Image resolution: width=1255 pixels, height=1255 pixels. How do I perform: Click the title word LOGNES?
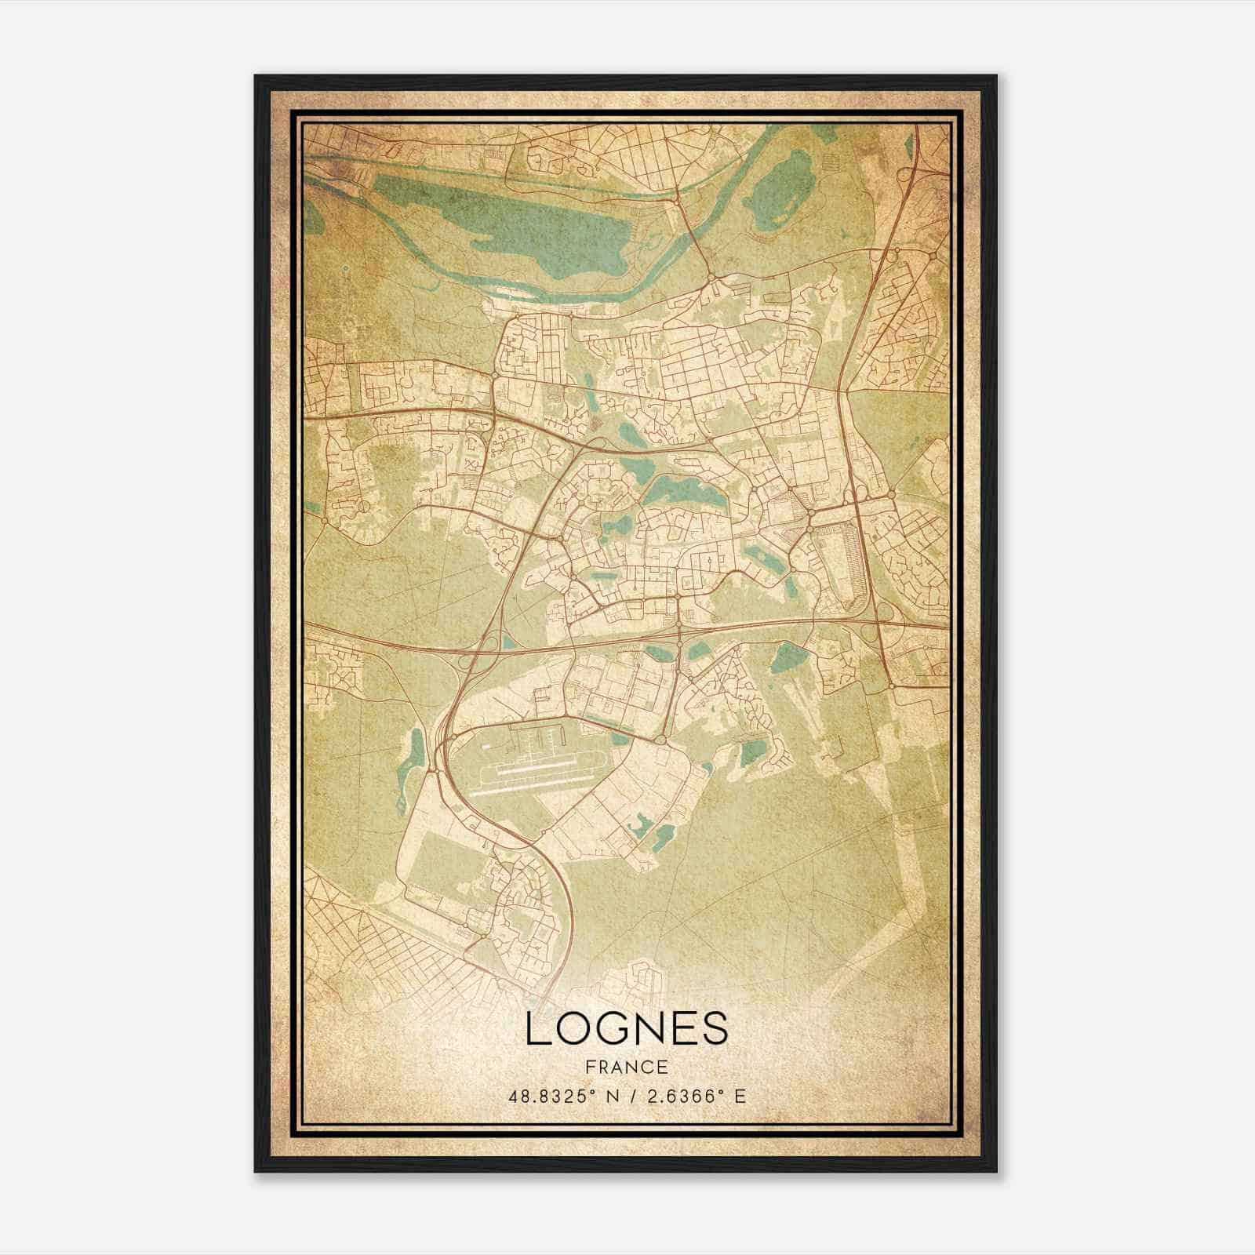(x=627, y=1028)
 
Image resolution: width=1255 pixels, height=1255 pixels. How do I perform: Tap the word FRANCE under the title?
(x=627, y=1067)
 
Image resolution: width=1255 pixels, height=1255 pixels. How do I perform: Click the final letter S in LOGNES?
(x=714, y=1028)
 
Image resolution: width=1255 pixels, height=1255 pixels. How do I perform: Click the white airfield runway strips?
(x=533, y=773)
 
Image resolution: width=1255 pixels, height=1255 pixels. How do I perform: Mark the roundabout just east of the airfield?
(x=661, y=740)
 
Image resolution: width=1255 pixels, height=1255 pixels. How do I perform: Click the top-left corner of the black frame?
(x=256, y=76)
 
